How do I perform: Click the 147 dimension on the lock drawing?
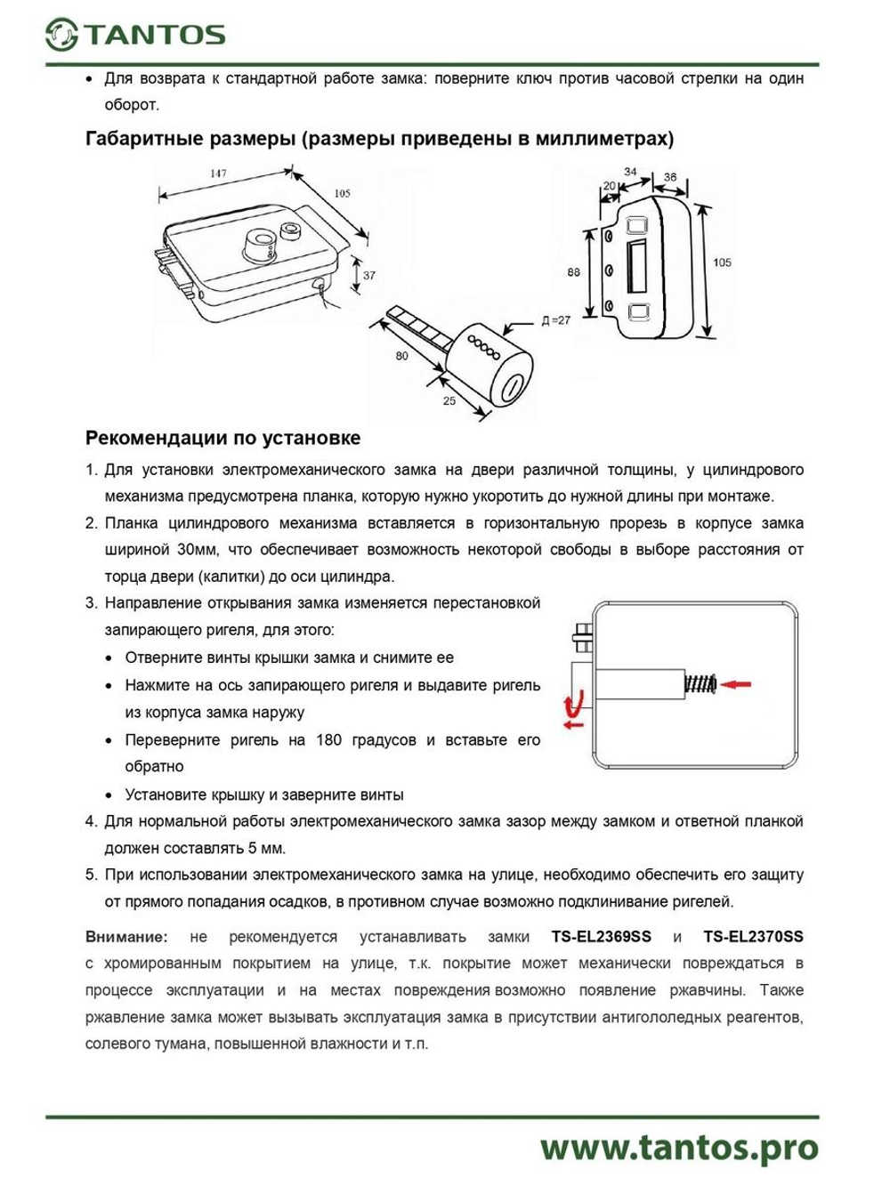point(218,174)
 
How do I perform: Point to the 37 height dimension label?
point(369,276)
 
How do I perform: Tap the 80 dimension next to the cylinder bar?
point(402,356)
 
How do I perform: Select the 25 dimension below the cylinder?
point(449,401)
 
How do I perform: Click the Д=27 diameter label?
point(555,320)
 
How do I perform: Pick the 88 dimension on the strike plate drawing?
point(573,272)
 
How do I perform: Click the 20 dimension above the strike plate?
point(610,186)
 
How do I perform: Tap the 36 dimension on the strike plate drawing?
point(670,177)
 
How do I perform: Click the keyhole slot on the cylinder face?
point(514,387)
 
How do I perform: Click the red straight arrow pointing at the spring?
point(736,684)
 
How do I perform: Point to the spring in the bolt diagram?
point(700,684)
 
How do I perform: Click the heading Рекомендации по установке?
point(222,438)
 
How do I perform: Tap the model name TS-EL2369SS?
point(602,937)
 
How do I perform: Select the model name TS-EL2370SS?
point(753,937)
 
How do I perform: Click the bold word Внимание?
point(126,937)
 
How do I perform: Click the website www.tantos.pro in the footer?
point(679,1148)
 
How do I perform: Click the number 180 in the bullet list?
point(328,740)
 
